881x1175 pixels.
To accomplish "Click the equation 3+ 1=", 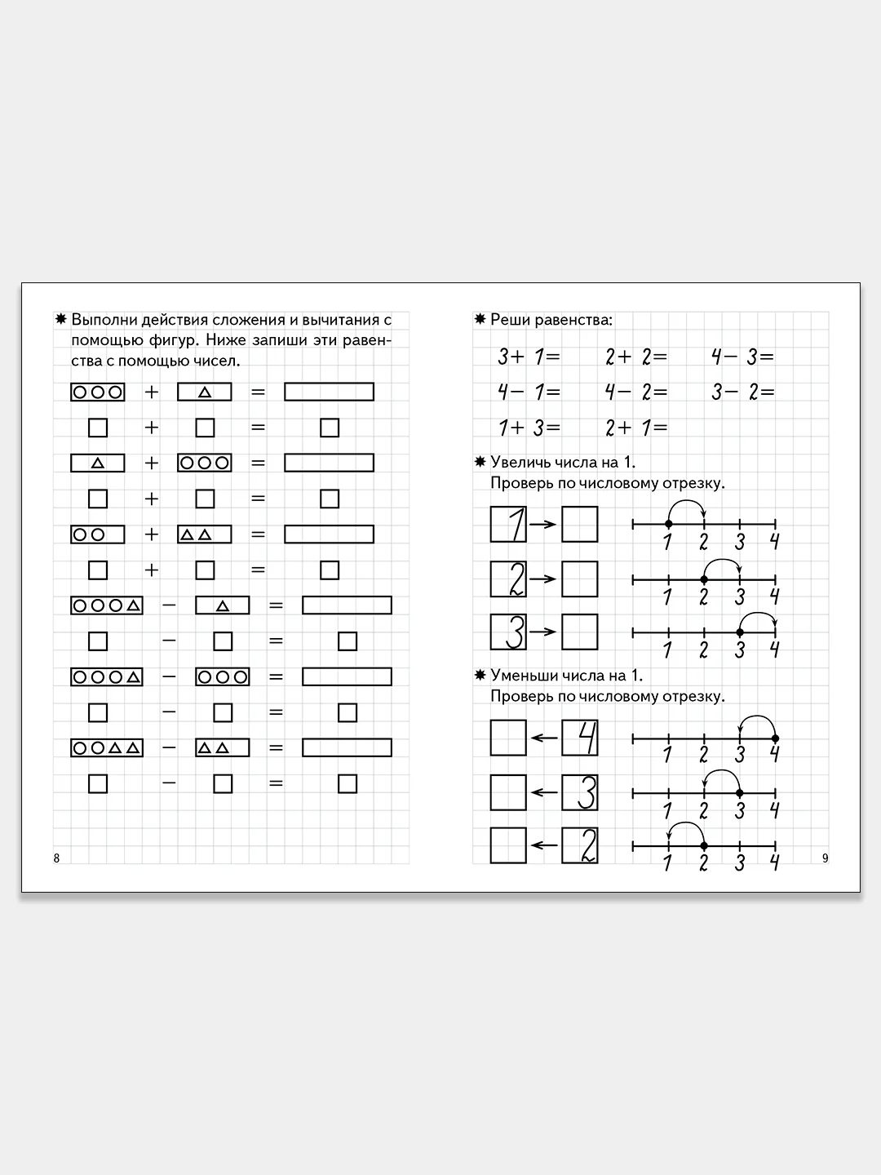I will click(x=529, y=357).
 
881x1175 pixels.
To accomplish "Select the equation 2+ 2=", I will click(x=636, y=357).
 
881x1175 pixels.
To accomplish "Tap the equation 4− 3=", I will click(x=742, y=357).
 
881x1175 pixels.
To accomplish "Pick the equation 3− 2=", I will click(x=742, y=392).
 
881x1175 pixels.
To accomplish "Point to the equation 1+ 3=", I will click(x=529, y=428).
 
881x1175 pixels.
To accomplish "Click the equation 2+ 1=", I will click(x=636, y=428).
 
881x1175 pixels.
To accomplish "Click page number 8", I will click(x=56, y=858).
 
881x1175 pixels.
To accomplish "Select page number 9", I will click(x=825, y=858).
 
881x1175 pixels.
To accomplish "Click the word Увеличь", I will click(x=520, y=463).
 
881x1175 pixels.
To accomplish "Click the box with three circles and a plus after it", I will click(x=98, y=392).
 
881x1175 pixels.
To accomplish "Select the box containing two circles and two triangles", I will click(x=107, y=747).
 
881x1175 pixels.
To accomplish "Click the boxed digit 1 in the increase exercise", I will click(x=508, y=524).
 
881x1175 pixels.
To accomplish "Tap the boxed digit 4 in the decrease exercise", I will click(x=580, y=738).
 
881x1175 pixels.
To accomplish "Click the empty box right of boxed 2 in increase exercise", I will click(x=580, y=579).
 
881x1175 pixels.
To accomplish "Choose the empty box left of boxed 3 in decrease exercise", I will click(x=508, y=792).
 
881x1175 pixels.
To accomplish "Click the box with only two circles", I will click(x=98, y=534).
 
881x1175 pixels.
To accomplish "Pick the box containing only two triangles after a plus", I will click(x=205, y=534).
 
